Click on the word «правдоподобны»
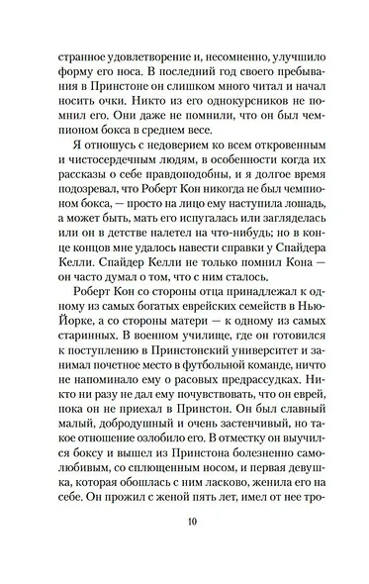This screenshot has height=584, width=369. click(x=151, y=196)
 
